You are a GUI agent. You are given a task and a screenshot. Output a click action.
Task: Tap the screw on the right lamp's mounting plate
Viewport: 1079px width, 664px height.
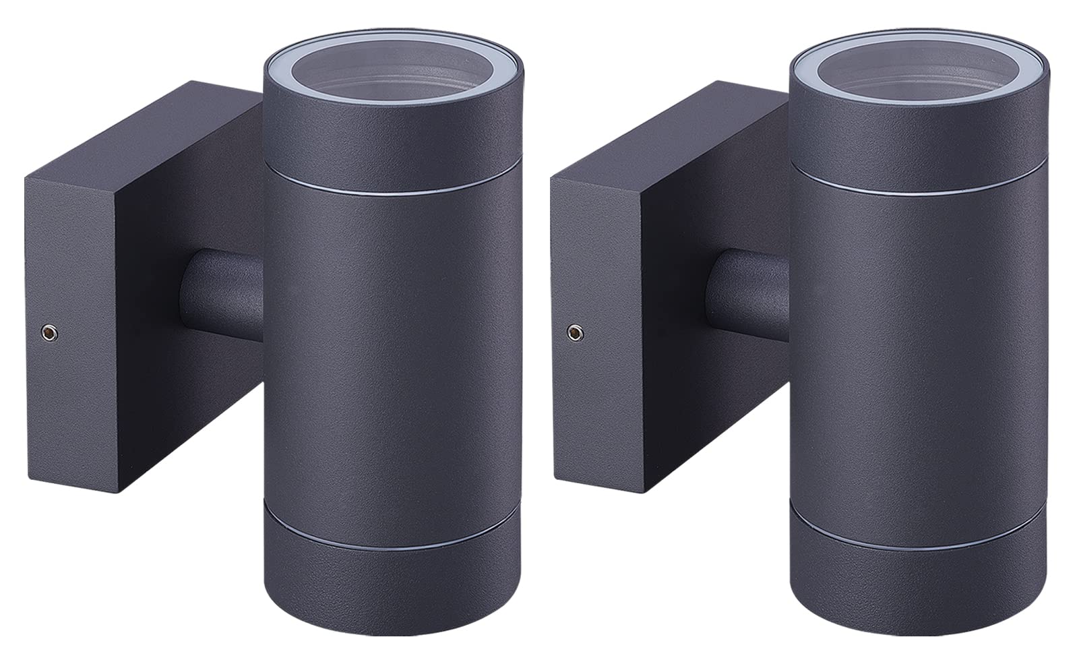tap(574, 331)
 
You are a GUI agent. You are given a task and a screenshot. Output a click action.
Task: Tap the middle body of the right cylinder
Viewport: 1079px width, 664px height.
tap(913, 364)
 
